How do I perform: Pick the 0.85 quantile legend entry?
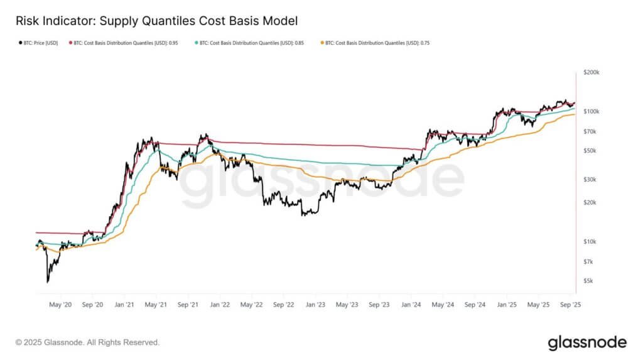click(250, 43)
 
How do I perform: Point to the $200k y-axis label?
click(592, 73)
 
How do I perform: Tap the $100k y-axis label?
click(592, 112)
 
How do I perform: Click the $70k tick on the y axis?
click(591, 132)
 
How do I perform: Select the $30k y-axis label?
click(591, 180)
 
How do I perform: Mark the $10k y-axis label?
click(591, 242)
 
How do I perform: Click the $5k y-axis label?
click(590, 281)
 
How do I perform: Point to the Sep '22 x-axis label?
click(284, 305)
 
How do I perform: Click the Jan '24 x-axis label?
click(411, 305)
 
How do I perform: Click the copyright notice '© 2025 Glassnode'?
click(87, 342)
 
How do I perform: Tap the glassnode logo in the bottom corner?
click(587, 342)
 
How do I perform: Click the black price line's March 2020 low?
click(47, 282)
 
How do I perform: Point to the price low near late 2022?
click(304, 215)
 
